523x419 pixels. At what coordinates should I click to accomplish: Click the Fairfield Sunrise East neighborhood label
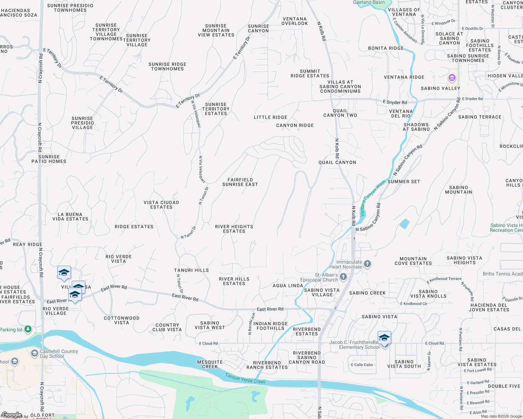[240, 182]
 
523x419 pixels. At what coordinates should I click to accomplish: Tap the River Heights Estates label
[234, 229]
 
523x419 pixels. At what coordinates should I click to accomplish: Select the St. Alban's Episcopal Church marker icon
[343, 277]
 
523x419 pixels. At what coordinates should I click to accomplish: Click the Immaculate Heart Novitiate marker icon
[367, 264]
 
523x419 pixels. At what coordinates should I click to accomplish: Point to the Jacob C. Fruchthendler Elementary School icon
[384, 338]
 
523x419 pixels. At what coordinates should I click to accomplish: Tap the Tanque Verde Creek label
[245, 378]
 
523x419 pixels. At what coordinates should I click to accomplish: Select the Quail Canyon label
[337, 162]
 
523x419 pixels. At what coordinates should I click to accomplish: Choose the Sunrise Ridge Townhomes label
[167, 66]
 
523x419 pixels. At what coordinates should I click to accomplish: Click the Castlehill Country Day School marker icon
[34, 353]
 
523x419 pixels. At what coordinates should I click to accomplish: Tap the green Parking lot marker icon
[28, 329]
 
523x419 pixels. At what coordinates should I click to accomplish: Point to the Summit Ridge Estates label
[310, 73]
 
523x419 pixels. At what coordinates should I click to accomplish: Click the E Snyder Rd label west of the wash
[395, 102]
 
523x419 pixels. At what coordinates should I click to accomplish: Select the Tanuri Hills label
[191, 270]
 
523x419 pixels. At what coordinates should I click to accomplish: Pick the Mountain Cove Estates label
[413, 261]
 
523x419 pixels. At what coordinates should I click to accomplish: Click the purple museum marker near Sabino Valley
[452, 78]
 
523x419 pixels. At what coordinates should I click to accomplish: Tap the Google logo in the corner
[12, 415]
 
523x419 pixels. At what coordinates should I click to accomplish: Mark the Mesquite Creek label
[210, 364]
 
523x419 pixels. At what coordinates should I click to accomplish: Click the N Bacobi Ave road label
[251, 324]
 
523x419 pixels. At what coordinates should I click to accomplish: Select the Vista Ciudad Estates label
[161, 205]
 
